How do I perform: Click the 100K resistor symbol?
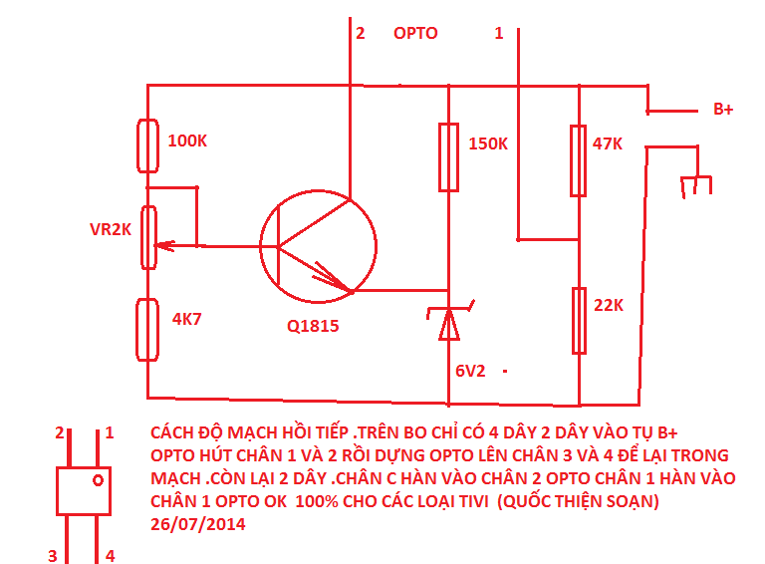(147, 145)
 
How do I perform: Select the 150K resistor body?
(449, 157)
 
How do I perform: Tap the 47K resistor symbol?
(579, 161)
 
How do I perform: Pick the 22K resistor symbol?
(579, 321)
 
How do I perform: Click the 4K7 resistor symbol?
(147, 330)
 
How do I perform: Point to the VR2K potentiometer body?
(148, 237)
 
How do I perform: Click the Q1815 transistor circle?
(318, 246)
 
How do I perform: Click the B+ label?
(723, 110)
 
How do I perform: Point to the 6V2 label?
(470, 372)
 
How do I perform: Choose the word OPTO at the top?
(415, 33)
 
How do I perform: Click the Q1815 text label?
(313, 326)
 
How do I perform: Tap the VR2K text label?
(111, 229)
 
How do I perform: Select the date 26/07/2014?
(198, 524)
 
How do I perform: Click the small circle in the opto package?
(98, 480)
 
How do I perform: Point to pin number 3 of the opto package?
(52, 556)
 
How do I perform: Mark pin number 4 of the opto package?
(111, 556)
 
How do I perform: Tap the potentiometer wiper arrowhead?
(164, 246)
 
